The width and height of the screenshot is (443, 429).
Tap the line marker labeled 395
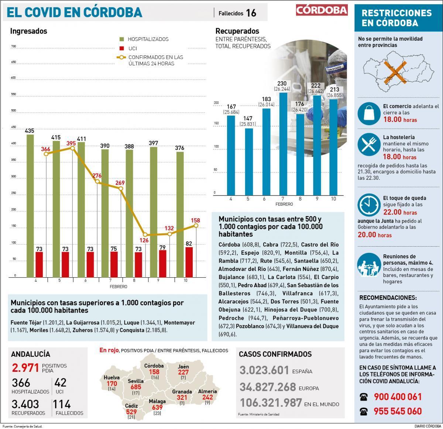(72, 148)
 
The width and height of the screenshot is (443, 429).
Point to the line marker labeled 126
(145, 235)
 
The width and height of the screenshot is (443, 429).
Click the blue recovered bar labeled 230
(284, 144)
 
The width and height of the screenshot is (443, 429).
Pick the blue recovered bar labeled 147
(249, 161)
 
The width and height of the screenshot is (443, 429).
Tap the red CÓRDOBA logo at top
(322, 10)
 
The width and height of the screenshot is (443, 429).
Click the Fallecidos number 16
(251, 13)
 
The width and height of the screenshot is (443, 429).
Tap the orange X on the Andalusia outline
(395, 72)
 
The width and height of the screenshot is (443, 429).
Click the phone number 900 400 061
(398, 397)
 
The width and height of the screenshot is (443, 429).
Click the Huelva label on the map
(111, 378)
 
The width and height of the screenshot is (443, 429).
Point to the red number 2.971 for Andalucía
(25, 368)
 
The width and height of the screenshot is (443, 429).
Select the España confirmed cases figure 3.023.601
(264, 370)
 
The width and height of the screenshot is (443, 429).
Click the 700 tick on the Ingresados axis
(14, 47)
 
